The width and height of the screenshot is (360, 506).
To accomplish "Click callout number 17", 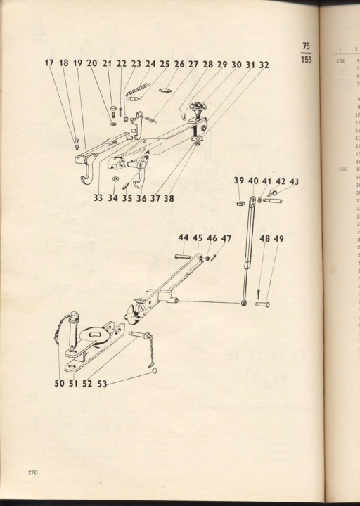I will [49, 64].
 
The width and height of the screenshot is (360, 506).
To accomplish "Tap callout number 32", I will [264, 65].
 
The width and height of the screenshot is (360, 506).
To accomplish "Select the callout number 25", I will [165, 64].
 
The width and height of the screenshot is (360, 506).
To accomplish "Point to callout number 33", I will [98, 198].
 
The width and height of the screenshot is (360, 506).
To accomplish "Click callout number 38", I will [169, 198].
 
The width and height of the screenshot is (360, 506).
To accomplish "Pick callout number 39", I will [239, 181].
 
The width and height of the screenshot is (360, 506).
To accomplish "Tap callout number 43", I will [294, 181].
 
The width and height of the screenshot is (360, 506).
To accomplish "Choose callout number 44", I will [184, 239].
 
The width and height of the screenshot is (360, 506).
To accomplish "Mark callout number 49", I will [279, 239].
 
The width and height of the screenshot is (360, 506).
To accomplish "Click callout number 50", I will [59, 384].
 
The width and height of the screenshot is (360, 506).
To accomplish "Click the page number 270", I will [33, 472].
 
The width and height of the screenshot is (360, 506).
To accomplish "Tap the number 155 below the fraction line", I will [306, 60].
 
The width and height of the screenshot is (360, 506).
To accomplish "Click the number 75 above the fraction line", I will [306, 46].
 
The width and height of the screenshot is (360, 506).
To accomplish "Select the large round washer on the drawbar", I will [91, 336].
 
